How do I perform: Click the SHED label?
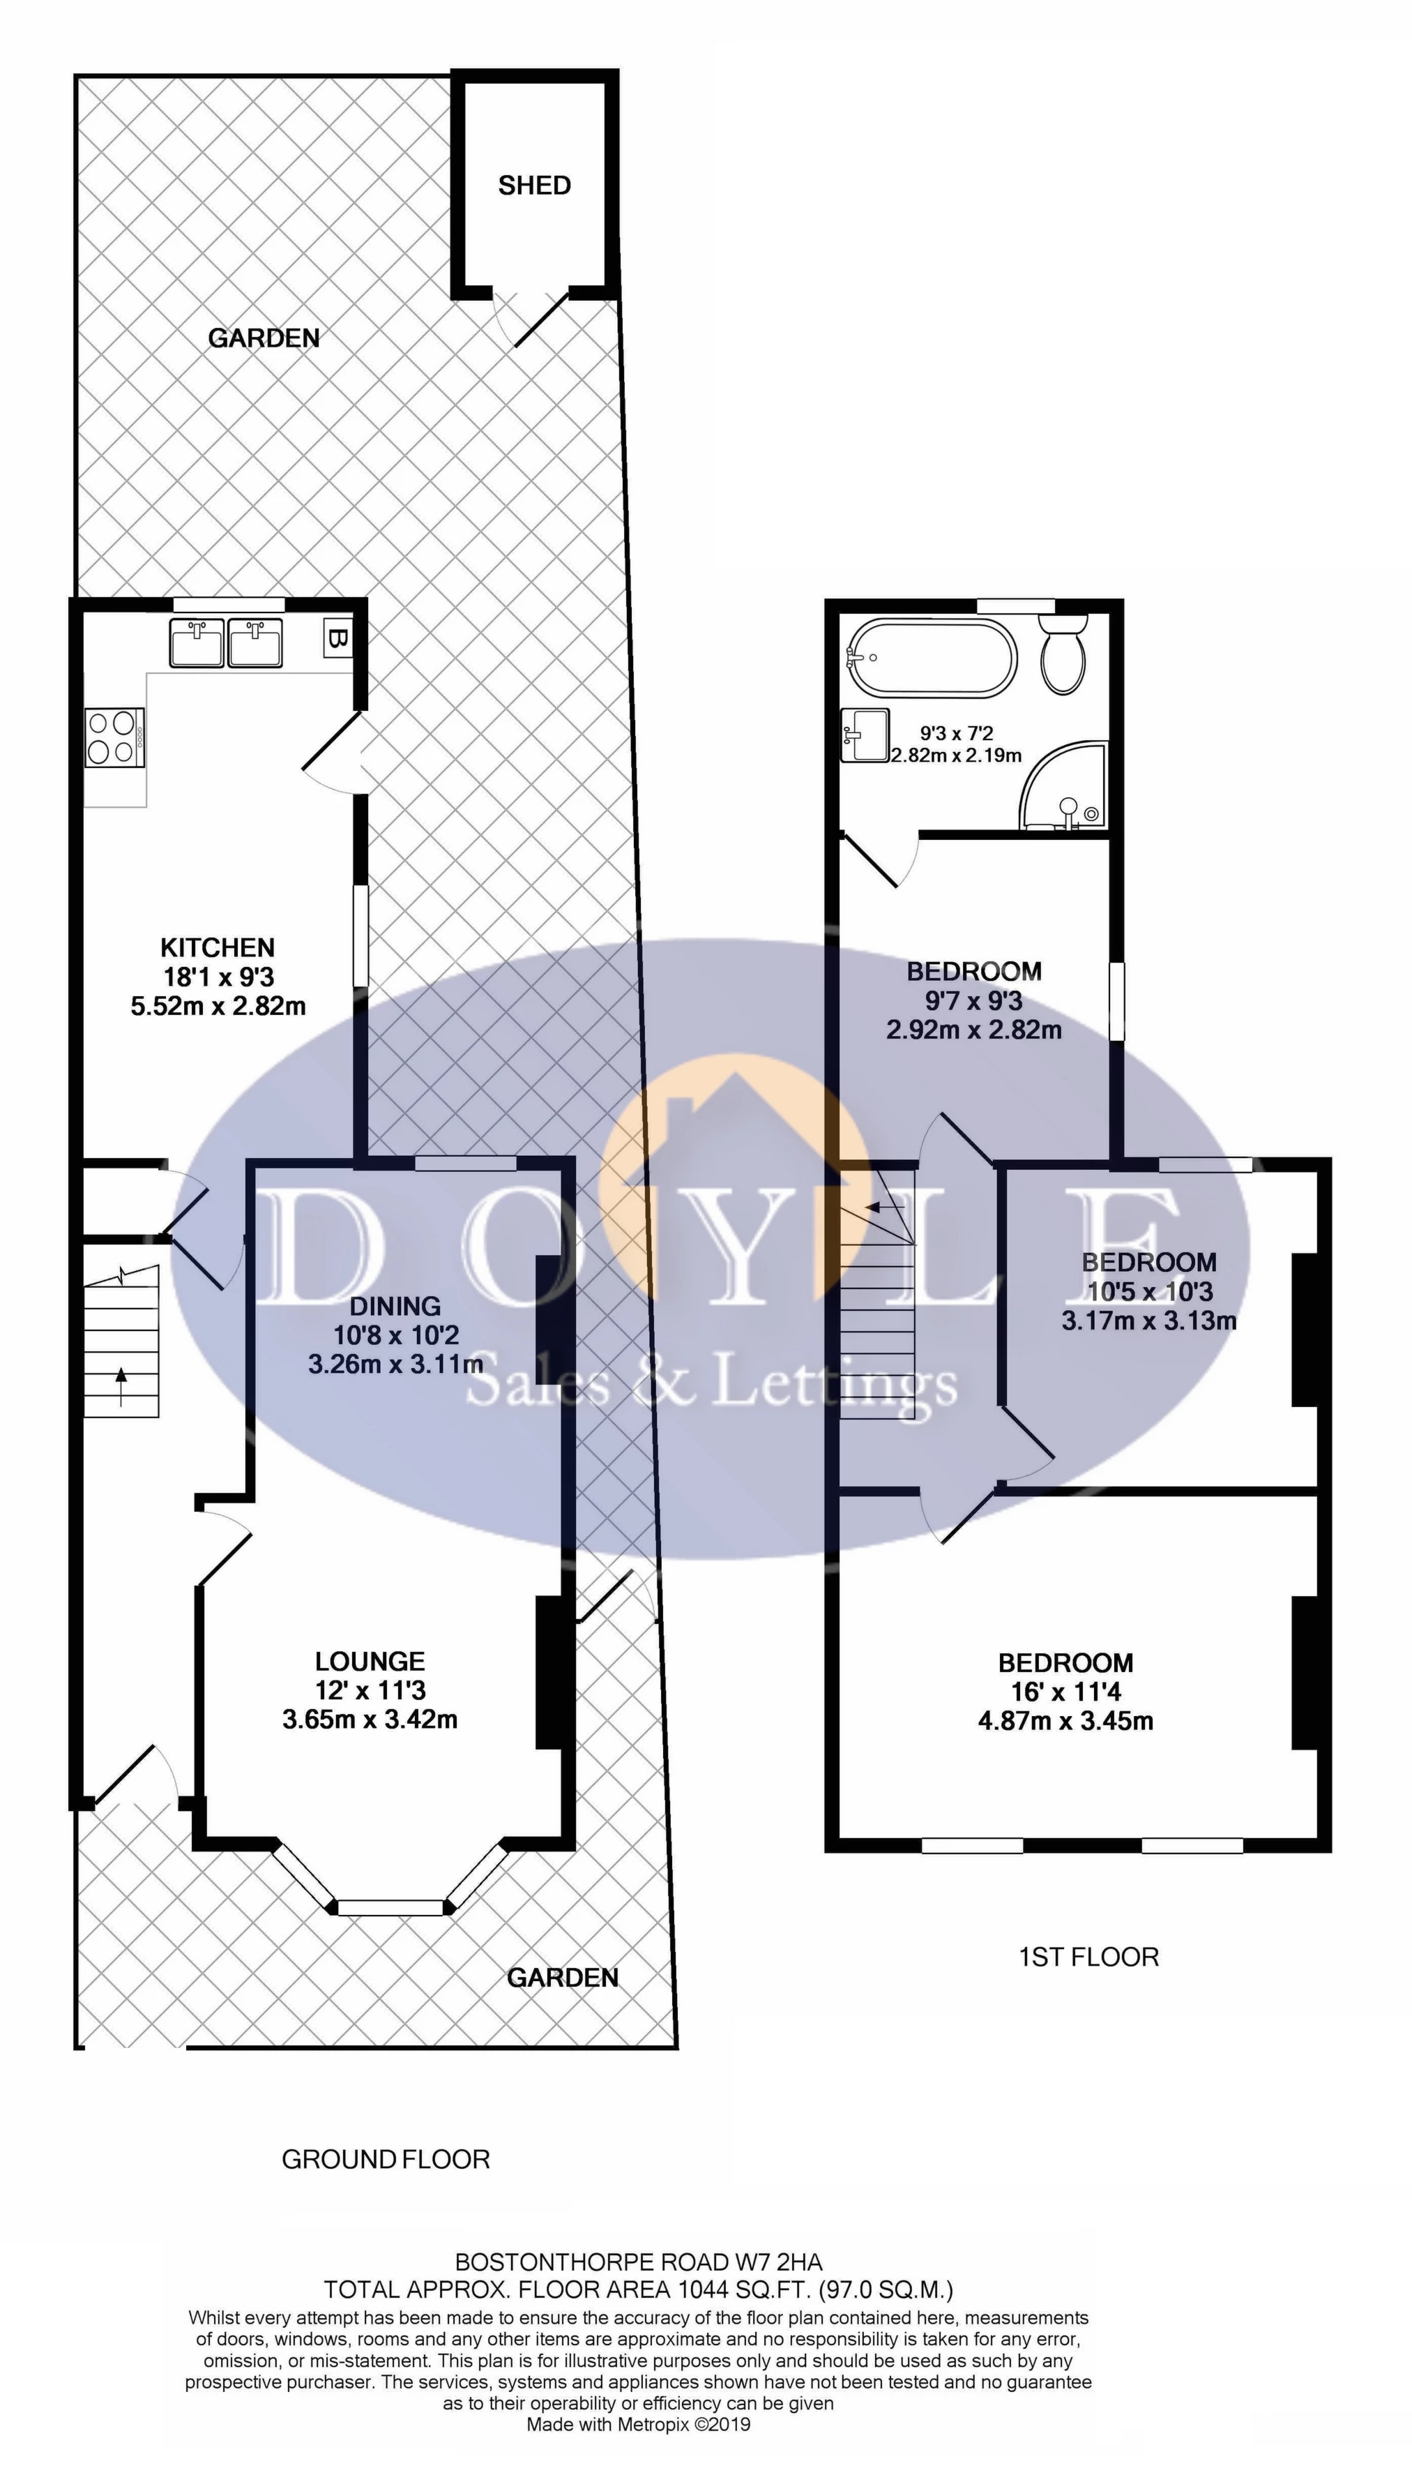pos(534,186)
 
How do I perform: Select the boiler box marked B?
pos(337,639)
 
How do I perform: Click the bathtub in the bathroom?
pos(932,658)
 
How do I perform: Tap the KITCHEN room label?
pos(218,948)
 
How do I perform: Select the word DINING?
pos(395,1306)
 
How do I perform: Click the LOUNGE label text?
pos(370,1662)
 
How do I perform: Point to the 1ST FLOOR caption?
pos(1088,1957)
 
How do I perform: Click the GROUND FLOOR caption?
pos(386,2159)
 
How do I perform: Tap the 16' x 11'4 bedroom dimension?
pos(1065,1692)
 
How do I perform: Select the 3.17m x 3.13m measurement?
pos(1149,1320)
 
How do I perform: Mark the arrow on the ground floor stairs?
pos(121,1386)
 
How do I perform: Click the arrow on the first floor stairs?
pos(884,1208)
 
